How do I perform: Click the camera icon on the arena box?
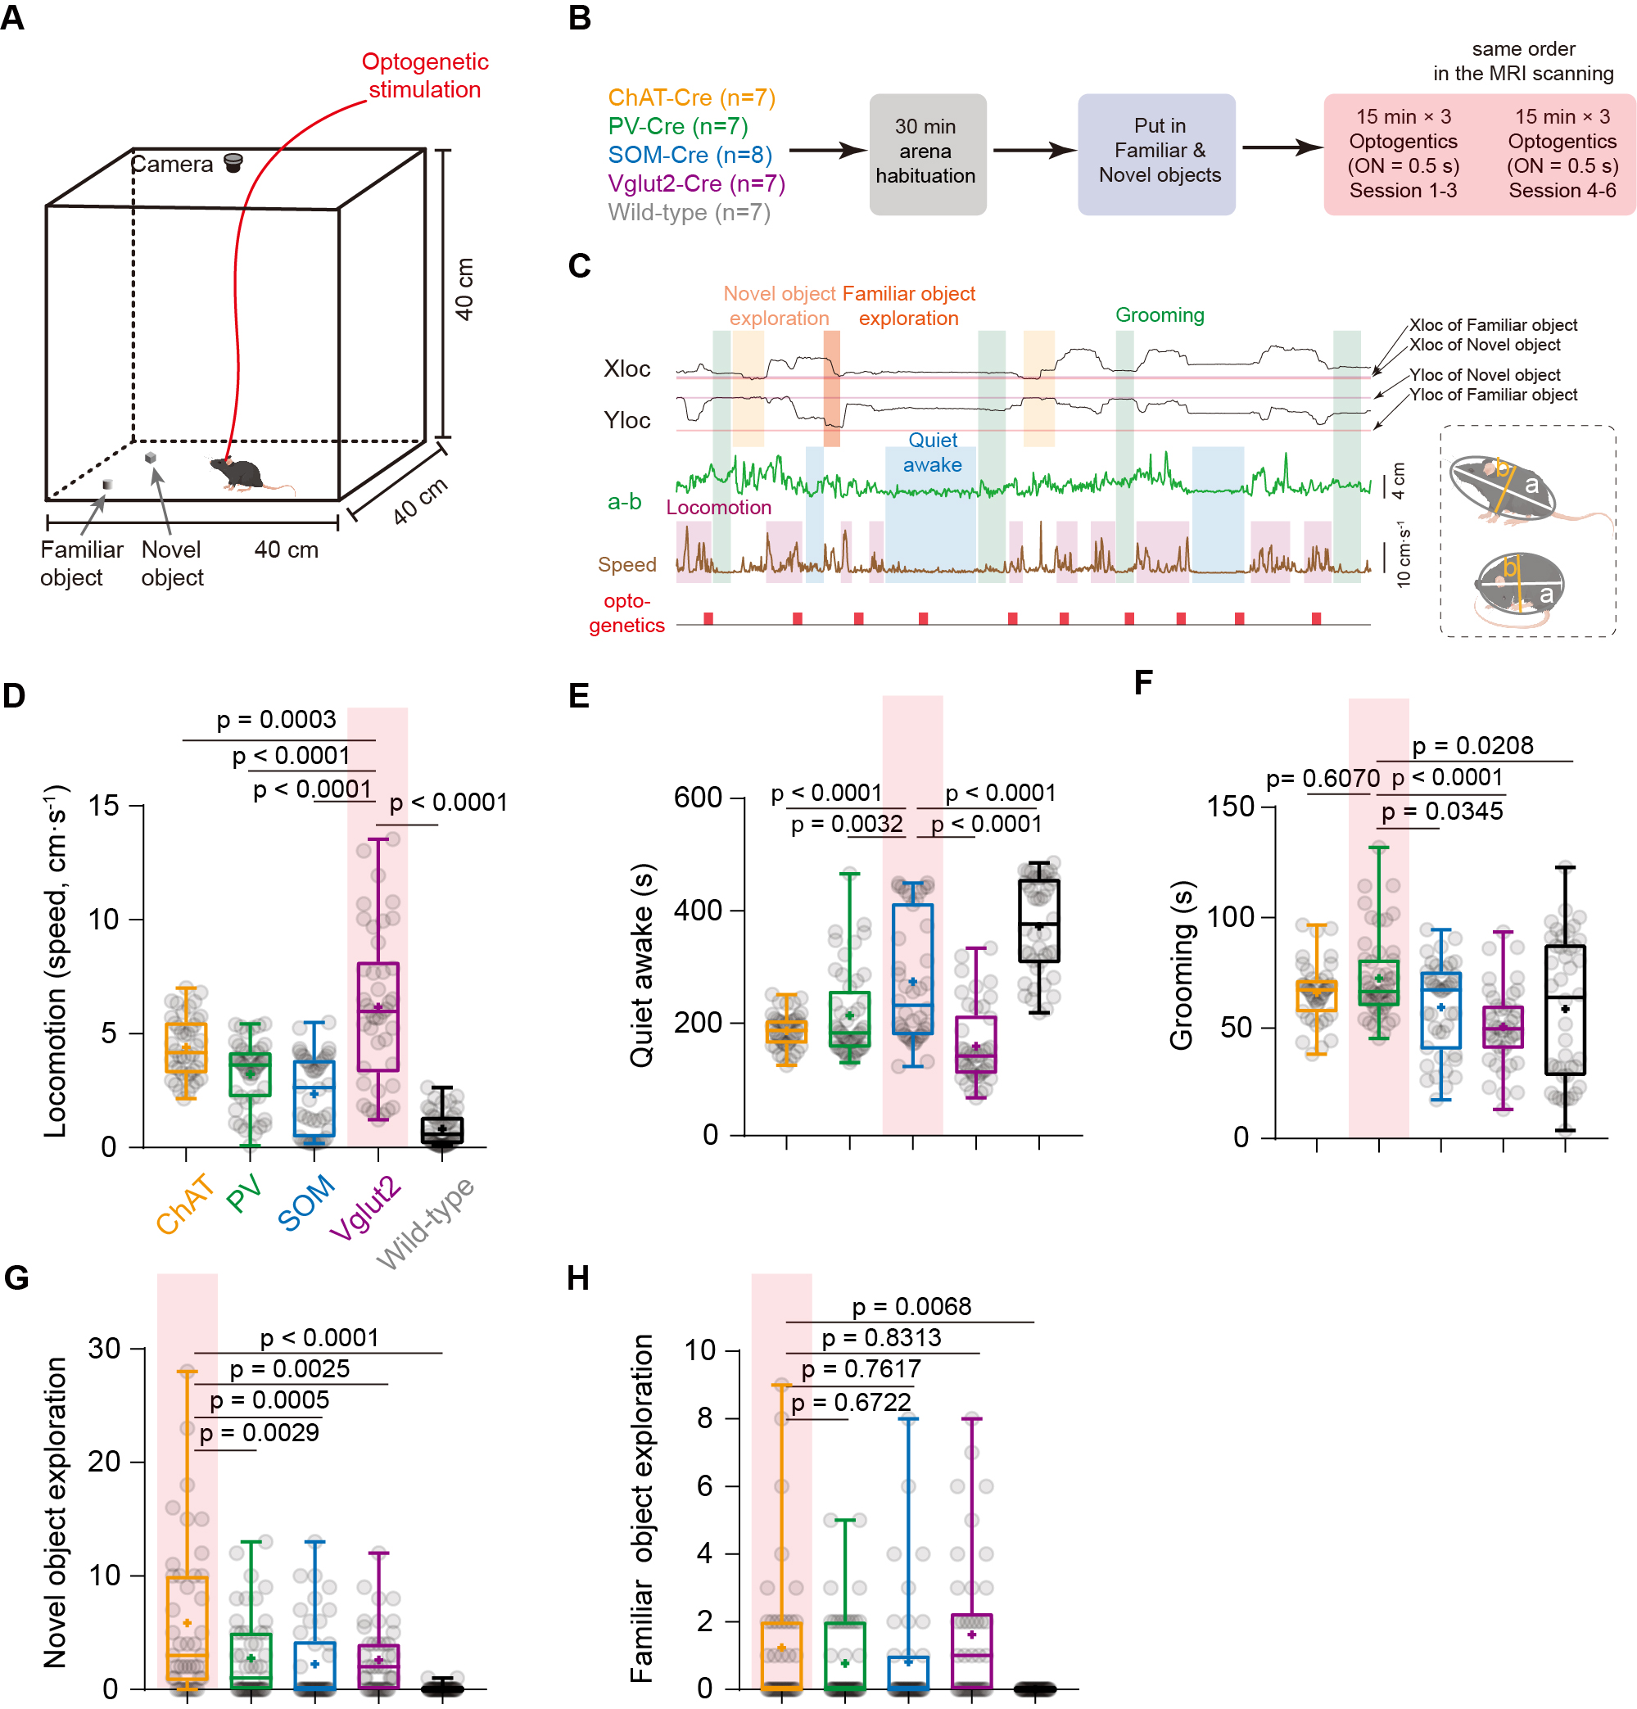(233, 162)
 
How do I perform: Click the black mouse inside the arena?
(240, 472)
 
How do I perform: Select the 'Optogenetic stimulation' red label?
(425, 75)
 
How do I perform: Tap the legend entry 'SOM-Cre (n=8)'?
(689, 156)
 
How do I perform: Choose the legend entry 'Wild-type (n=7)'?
(688, 213)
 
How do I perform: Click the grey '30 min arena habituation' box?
(926, 152)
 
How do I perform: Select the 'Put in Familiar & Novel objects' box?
(1157, 151)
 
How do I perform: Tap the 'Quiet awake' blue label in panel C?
(931, 453)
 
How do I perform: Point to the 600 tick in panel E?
(698, 798)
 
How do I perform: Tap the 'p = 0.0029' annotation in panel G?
(259, 1432)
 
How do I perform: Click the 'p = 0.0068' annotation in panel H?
(911, 1306)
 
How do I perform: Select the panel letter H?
(578, 1279)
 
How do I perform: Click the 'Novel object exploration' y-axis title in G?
(55, 1512)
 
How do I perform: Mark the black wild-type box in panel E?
(1038, 920)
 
